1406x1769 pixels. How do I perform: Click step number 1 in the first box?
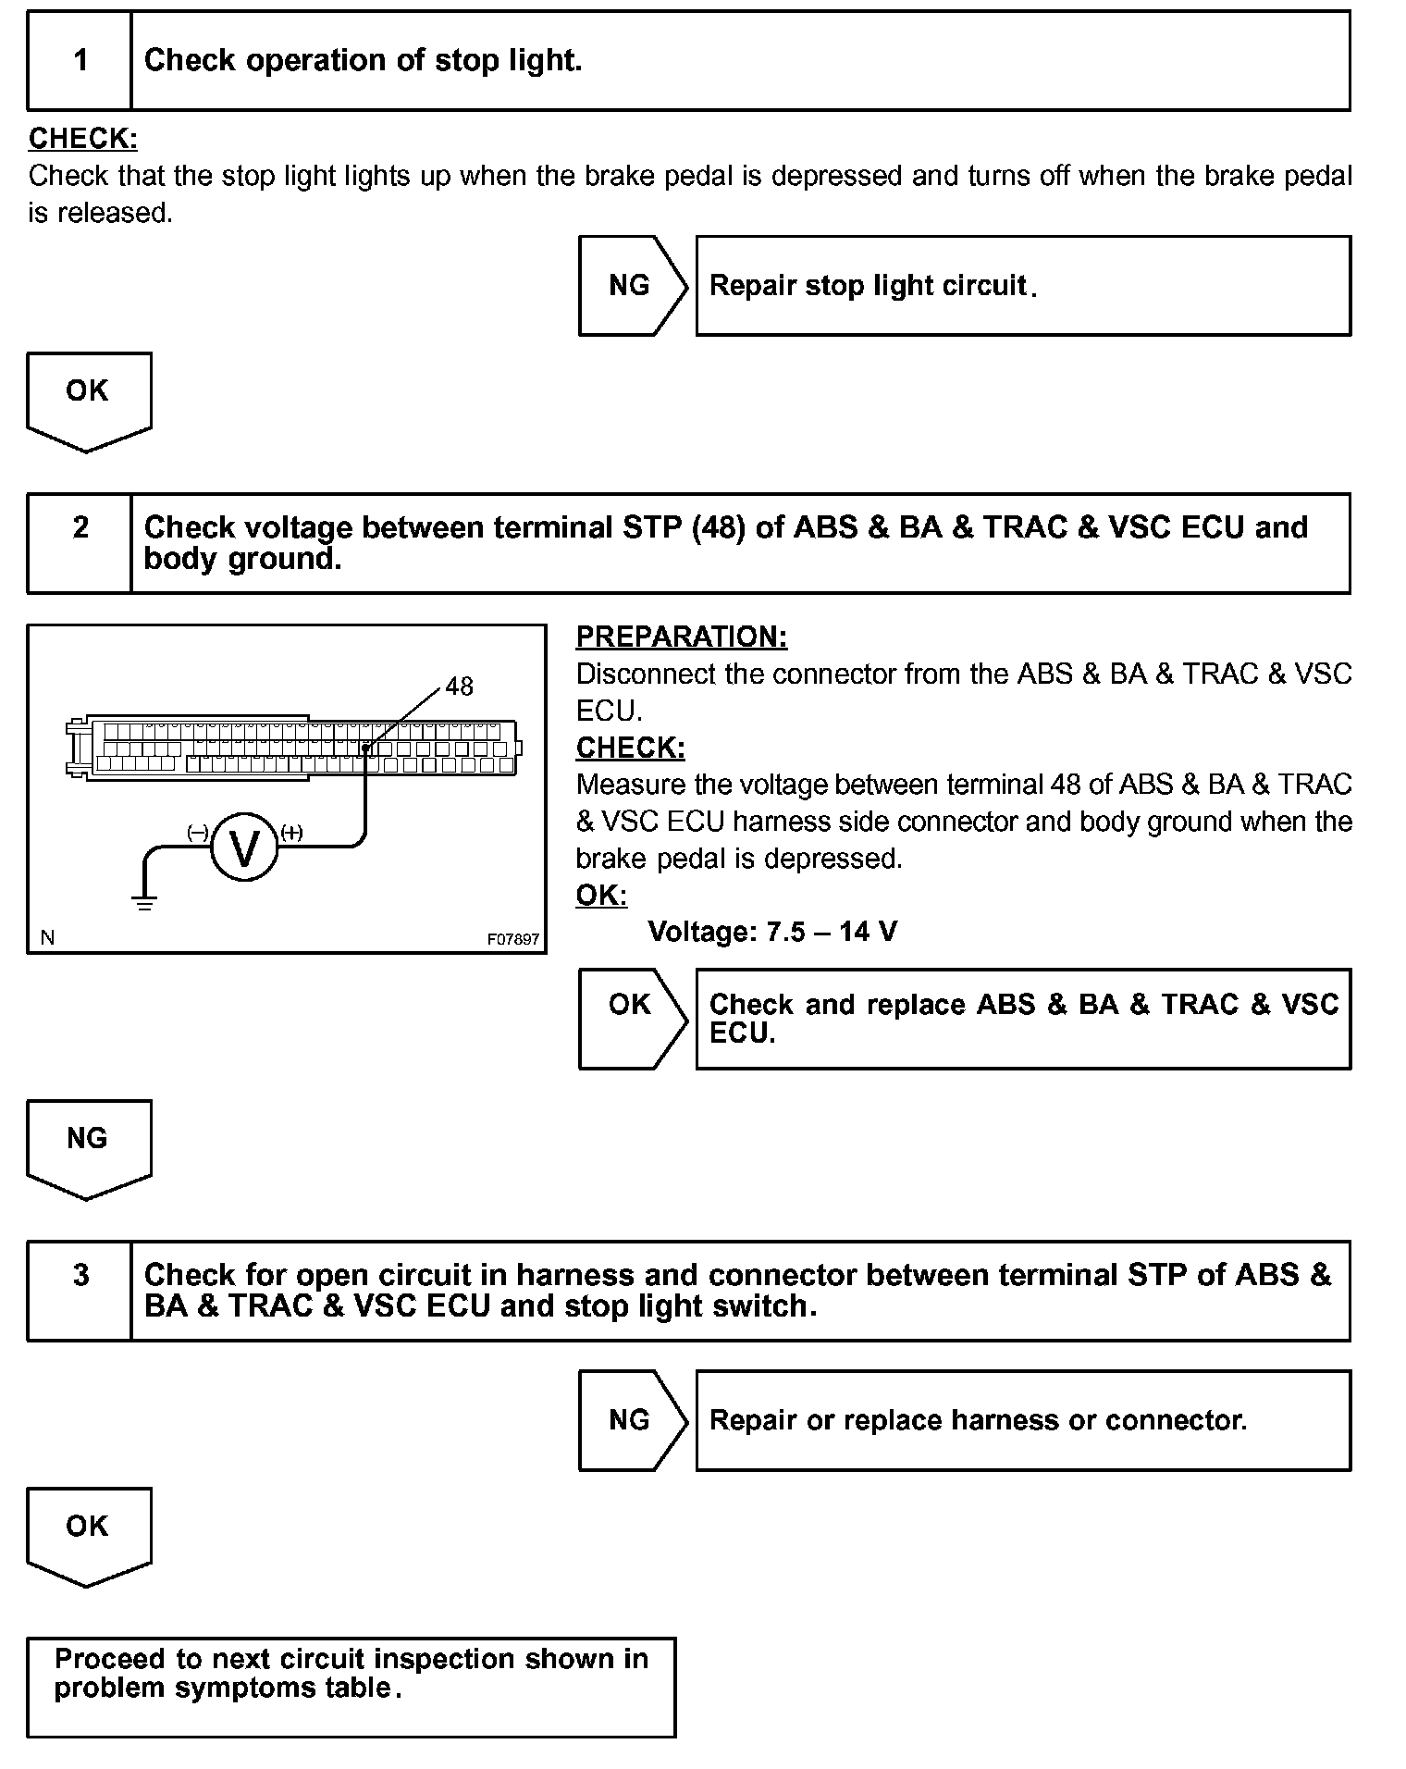80,61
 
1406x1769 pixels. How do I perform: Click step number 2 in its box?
80,528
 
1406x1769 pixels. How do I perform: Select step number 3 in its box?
80,1276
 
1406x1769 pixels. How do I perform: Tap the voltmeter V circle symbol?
244,847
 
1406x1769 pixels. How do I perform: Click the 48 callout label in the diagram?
460,687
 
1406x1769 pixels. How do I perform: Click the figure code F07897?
513,939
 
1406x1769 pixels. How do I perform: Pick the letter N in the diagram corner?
47,938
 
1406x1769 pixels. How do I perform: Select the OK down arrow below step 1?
88,398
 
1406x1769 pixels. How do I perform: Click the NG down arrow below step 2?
88,1144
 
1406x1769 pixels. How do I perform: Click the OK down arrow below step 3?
88,1532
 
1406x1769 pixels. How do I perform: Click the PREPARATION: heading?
682,637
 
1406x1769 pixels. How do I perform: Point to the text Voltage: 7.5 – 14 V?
772,932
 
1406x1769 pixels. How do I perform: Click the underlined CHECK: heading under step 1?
83,139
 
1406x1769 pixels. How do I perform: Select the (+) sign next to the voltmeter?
291,833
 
